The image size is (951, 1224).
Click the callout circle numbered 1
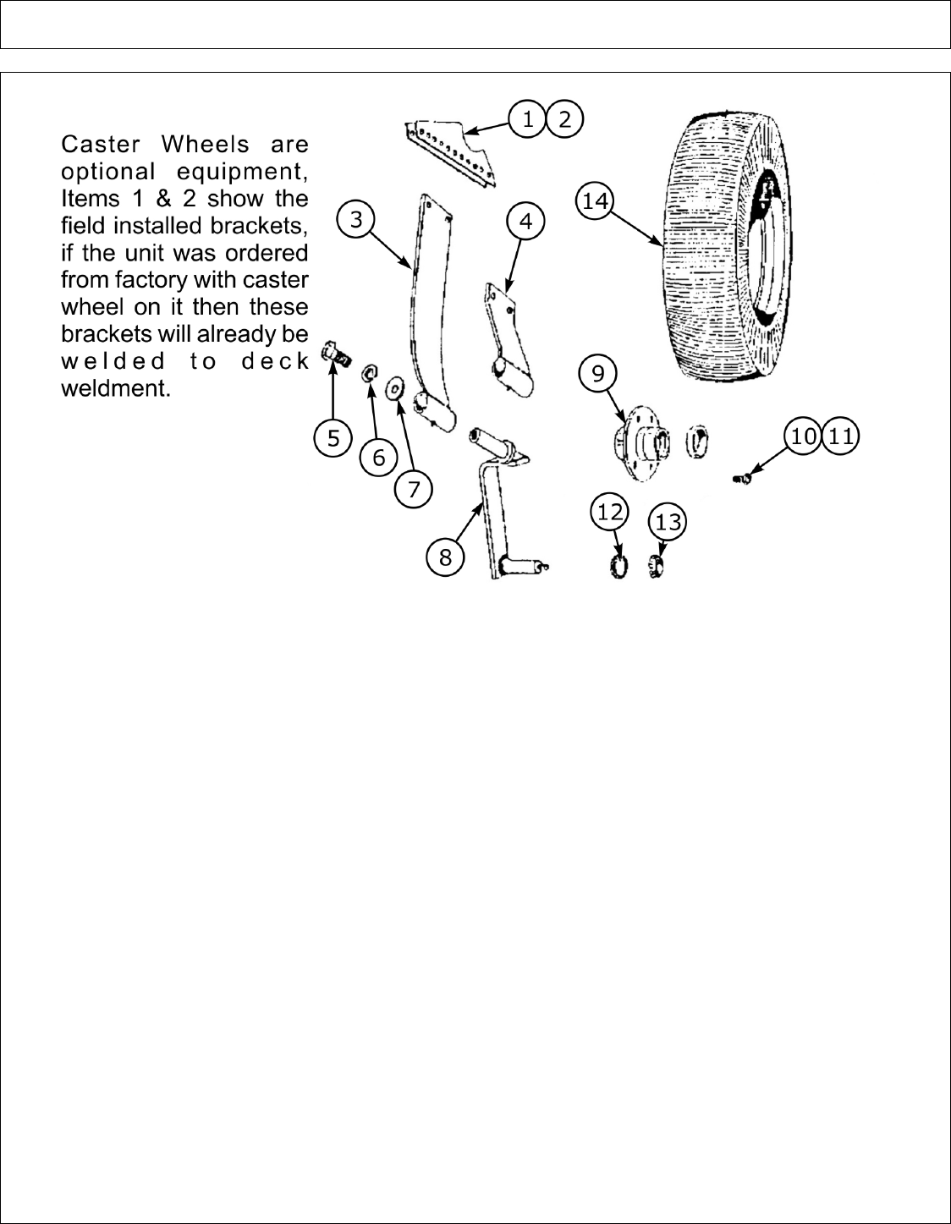[x=528, y=119]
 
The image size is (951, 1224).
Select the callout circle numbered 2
[x=565, y=119]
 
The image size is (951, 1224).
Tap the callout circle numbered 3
[x=356, y=220]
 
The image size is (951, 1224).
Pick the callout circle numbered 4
[x=526, y=222]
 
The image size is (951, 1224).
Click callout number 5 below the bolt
[x=333, y=437]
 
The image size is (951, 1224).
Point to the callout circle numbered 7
[x=415, y=489]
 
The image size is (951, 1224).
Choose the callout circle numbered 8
[x=445, y=557]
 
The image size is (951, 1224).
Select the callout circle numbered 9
[x=598, y=373]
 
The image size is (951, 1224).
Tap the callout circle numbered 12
[x=610, y=512]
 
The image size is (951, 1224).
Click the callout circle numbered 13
[x=668, y=522]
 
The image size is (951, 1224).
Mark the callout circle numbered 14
[x=595, y=200]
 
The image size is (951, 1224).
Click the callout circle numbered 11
[x=840, y=436]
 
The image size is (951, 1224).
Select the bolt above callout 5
[x=337, y=354]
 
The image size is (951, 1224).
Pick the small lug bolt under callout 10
[x=741, y=480]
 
